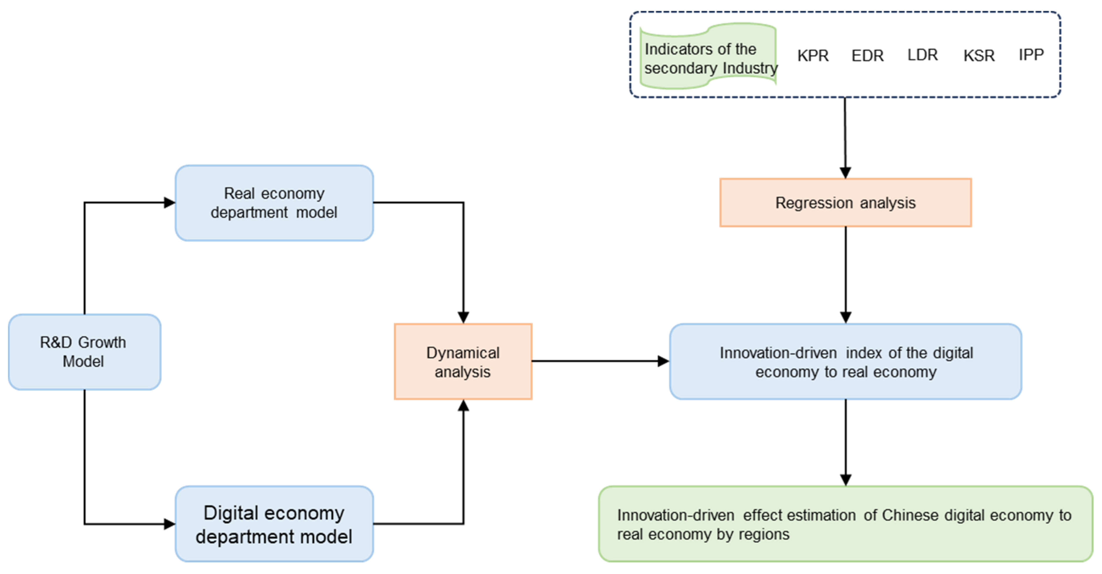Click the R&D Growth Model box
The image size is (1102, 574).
point(84,352)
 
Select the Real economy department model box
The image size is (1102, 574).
point(274,203)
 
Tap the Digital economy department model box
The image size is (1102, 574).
point(274,524)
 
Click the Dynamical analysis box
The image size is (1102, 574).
point(463,362)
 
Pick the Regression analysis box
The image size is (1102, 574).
point(845,202)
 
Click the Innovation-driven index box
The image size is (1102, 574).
point(845,362)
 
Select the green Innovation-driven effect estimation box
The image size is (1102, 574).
point(845,524)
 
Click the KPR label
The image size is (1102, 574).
point(813,56)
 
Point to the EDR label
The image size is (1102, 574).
point(867,56)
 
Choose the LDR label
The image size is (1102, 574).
point(922,55)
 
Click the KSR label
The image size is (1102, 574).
point(979,56)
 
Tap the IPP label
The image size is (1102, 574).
point(1031,55)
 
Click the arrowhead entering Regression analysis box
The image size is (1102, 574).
point(845,172)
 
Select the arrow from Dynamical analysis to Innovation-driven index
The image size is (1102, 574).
point(599,361)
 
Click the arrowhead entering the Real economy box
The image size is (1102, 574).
point(169,202)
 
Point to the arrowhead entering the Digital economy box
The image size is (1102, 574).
point(169,524)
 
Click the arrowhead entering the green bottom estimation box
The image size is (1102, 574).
point(845,480)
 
